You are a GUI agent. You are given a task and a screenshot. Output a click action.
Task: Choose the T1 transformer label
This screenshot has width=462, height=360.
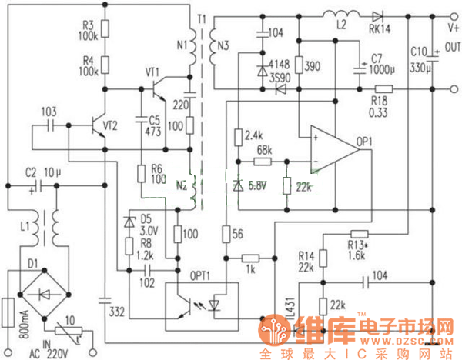tap(200, 18)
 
